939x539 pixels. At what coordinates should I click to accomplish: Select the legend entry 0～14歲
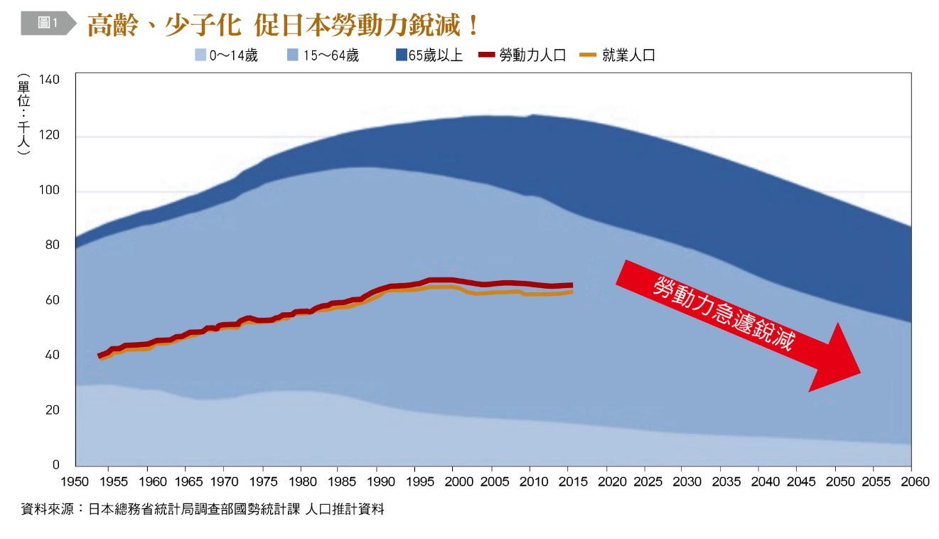pyautogui.click(x=227, y=55)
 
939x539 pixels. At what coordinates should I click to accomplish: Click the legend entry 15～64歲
pyautogui.click(x=323, y=55)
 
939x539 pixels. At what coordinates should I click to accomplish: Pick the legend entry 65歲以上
pyautogui.click(x=429, y=55)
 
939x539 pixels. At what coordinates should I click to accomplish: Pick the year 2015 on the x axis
pyautogui.click(x=568, y=482)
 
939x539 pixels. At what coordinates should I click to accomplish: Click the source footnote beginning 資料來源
pyautogui.click(x=203, y=509)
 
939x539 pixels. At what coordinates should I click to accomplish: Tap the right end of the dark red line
pyautogui.click(x=572, y=285)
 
